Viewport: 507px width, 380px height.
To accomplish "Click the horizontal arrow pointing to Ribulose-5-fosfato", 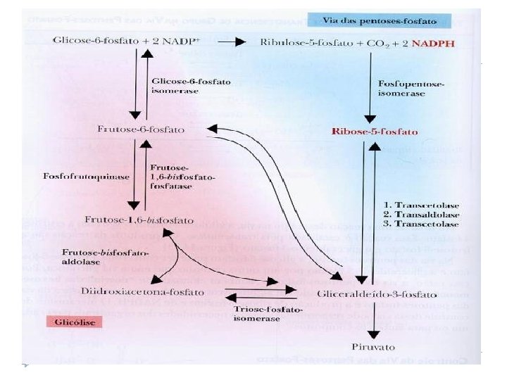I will (230, 42).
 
